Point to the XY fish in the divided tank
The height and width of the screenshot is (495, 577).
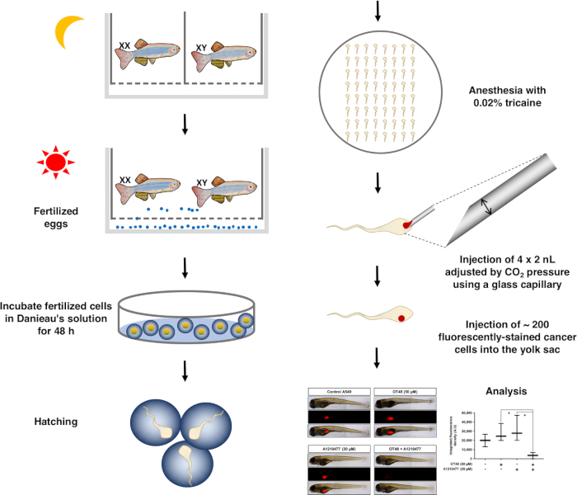tap(226, 55)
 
